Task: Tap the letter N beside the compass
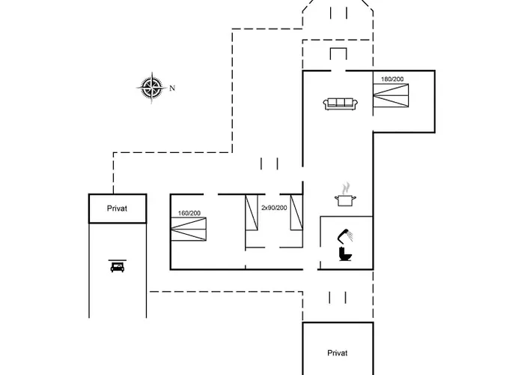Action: pos(172,88)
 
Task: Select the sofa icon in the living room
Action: pos(341,103)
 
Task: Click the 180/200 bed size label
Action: pos(392,79)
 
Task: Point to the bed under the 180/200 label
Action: pos(392,96)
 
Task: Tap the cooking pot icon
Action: pos(345,199)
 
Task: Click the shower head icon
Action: pos(345,233)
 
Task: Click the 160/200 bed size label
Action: pos(189,213)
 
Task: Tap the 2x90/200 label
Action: pos(274,207)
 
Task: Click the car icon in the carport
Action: pos(118,268)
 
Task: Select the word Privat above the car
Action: pos(118,208)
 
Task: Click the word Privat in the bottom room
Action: pos(338,352)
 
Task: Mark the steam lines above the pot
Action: pos(345,186)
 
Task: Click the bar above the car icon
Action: pos(118,260)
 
